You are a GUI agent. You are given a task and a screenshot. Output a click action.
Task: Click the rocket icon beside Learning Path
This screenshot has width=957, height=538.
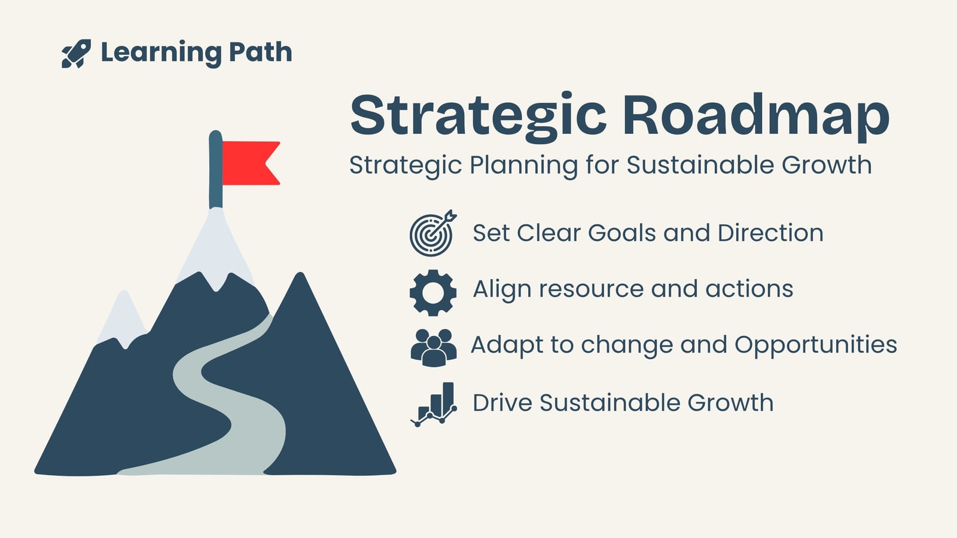pyautogui.click(x=76, y=53)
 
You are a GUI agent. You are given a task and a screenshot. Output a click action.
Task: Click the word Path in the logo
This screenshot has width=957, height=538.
pyautogui.click(x=260, y=52)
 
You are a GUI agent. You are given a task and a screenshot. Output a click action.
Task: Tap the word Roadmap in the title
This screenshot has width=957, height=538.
pyautogui.click(x=756, y=116)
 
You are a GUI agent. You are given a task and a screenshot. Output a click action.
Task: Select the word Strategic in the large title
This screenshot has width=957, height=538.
pyautogui.click(x=478, y=116)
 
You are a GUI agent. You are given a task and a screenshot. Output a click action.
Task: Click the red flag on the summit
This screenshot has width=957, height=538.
pyautogui.click(x=251, y=163)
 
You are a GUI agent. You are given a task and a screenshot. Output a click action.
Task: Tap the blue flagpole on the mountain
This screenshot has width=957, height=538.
pyautogui.click(x=215, y=170)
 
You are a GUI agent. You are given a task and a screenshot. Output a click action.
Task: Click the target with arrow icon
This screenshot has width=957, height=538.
pyautogui.click(x=433, y=233)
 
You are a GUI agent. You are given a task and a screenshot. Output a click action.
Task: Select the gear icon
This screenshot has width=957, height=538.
pyautogui.click(x=433, y=292)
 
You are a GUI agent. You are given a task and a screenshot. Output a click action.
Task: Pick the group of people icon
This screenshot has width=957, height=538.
pyautogui.click(x=433, y=347)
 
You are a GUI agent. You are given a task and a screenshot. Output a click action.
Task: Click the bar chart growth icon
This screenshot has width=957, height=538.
pyautogui.click(x=434, y=404)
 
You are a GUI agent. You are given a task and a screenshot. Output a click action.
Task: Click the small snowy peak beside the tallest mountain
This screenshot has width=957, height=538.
pyautogui.click(x=123, y=318)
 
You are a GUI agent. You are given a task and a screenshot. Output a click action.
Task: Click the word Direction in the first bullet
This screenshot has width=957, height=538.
pyautogui.click(x=770, y=233)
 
